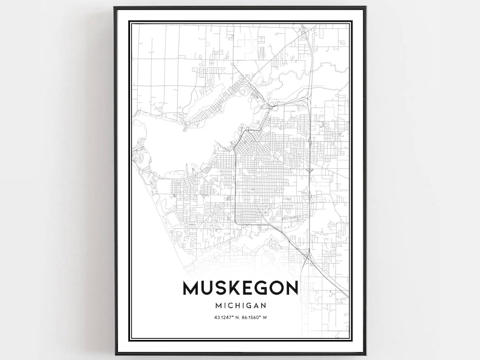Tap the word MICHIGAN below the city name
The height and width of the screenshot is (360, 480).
(x=240, y=305)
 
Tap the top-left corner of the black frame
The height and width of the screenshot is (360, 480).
(x=114, y=8)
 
